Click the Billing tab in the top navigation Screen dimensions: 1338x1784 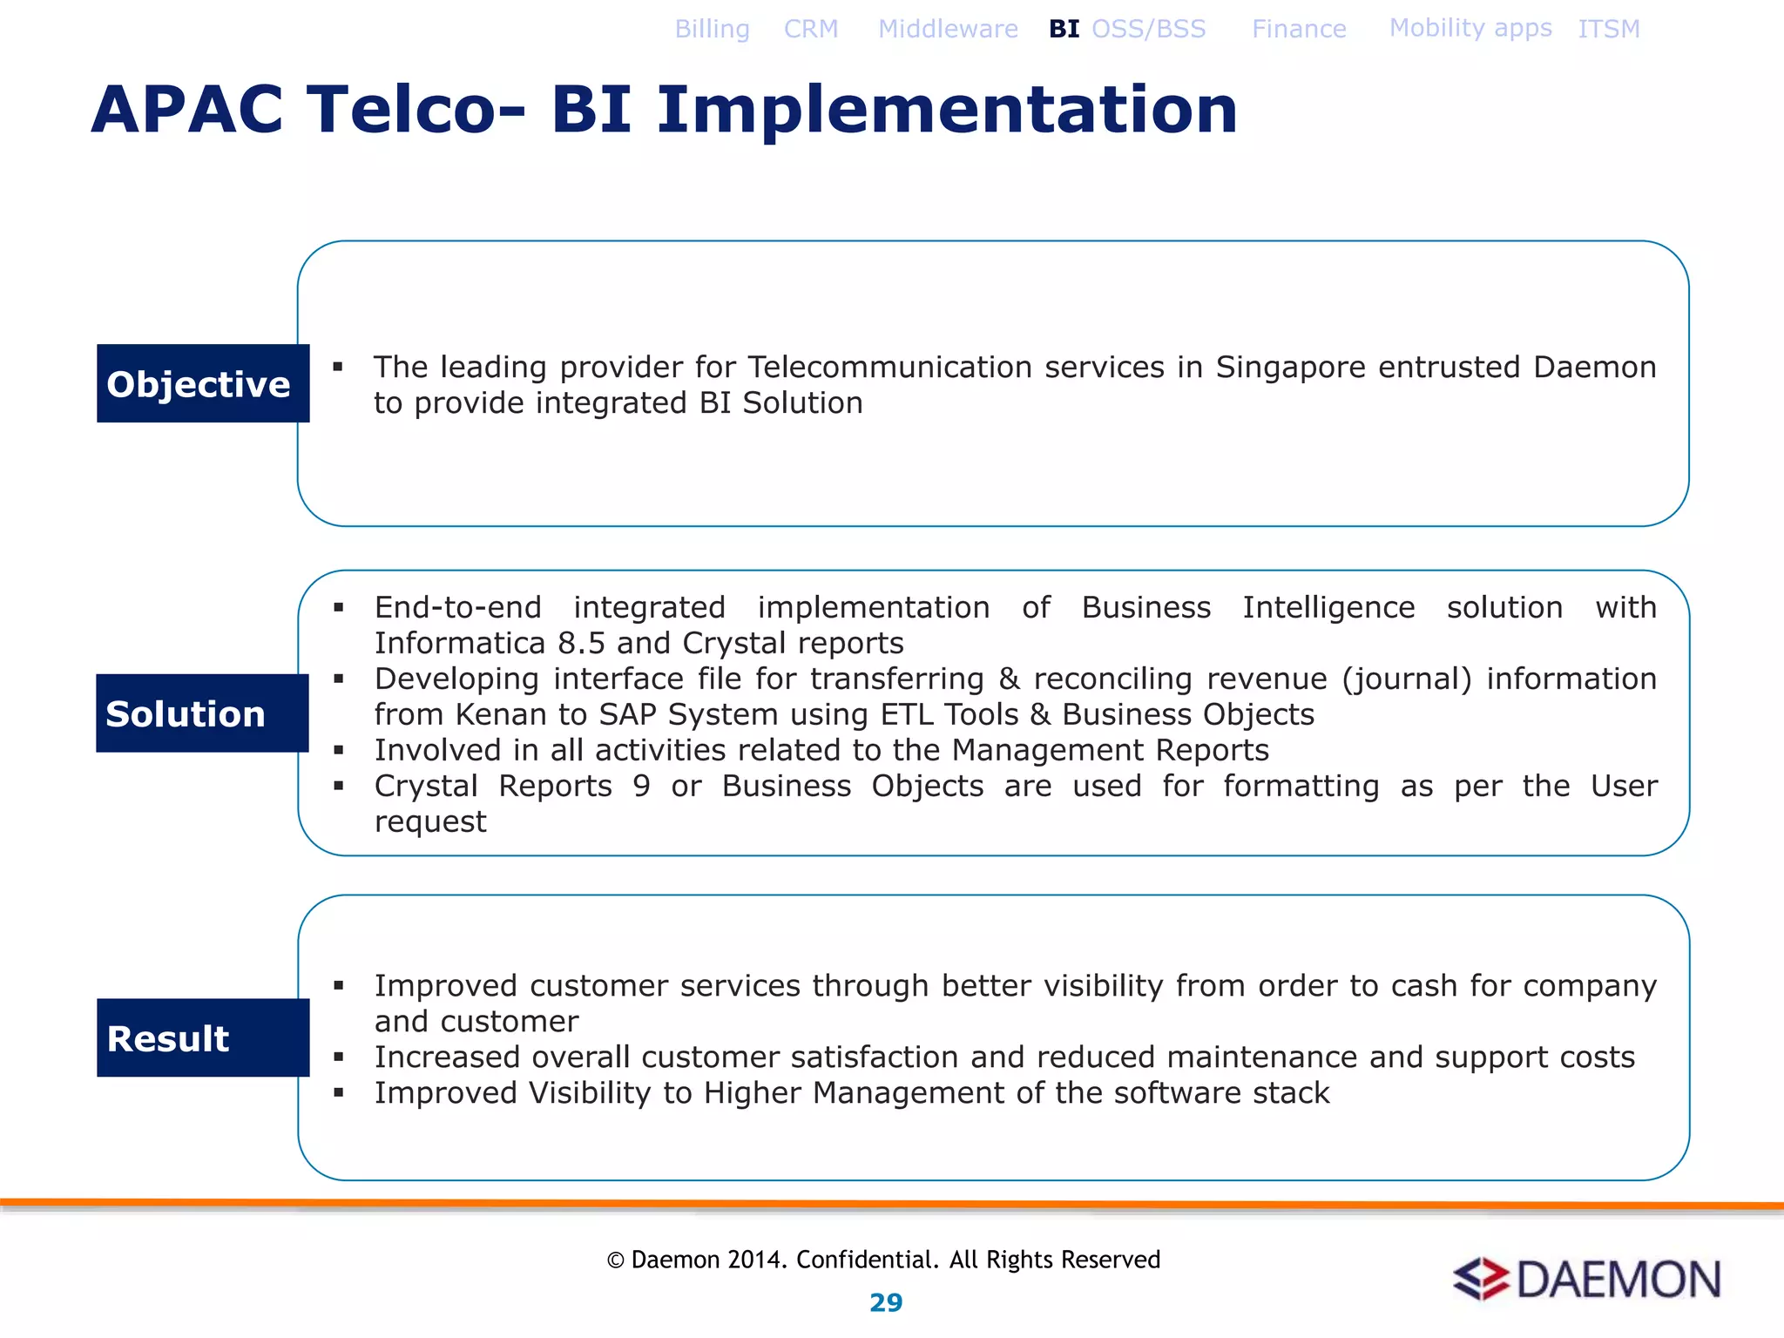[712, 29]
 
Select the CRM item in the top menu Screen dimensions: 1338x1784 [810, 29]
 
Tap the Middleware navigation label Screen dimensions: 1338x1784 [948, 29]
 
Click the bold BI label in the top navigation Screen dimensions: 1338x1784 [1064, 29]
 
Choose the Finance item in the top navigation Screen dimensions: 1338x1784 [1298, 29]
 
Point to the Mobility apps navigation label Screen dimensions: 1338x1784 [1470, 28]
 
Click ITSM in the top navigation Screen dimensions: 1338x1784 [1608, 29]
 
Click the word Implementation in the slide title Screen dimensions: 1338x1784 [946, 110]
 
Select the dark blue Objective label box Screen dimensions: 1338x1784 [202, 383]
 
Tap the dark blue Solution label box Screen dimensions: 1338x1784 [202, 713]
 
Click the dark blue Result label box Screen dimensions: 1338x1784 [202, 1037]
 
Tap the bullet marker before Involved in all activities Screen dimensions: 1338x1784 [338, 749]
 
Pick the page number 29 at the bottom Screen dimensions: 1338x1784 [886, 1302]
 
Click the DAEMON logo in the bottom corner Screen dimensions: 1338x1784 [1586, 1280]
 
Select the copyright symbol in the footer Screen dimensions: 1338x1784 [615, 1260]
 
